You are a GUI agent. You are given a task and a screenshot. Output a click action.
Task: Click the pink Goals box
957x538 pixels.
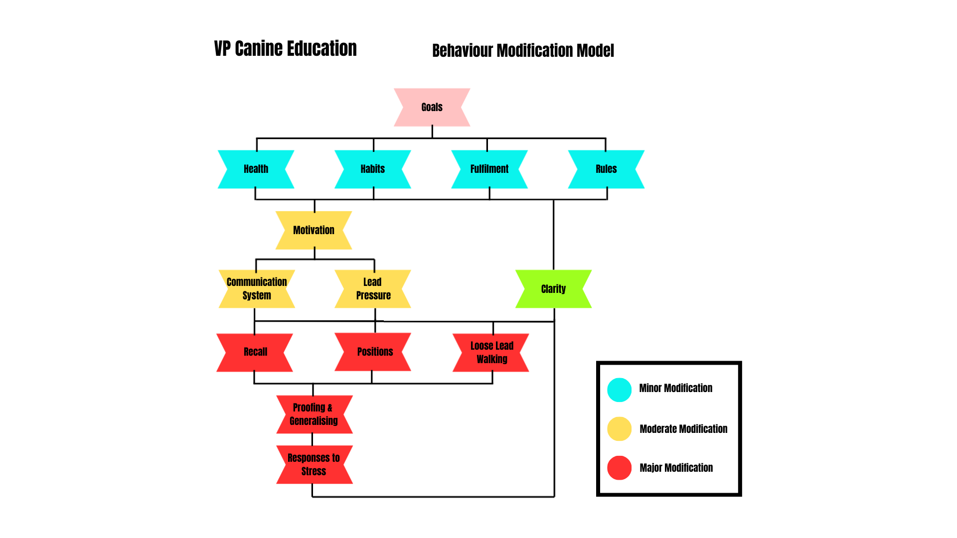[x=432, y=107]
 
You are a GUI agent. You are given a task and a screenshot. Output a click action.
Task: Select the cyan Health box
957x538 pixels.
[x=256, y=169]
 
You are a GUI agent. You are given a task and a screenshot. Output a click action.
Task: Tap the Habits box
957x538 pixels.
[x=372, y=169]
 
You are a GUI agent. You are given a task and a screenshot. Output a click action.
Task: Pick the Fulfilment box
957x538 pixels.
[x=489, y=169]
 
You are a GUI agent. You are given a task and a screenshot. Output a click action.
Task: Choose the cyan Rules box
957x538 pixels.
[x=606, y=169]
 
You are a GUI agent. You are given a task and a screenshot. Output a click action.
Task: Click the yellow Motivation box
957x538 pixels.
[x=314, y=230]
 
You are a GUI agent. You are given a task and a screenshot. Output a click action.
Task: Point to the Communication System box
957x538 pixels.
[x=257, y=289]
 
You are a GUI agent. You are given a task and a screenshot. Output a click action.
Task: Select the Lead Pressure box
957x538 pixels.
[x=373, y=289]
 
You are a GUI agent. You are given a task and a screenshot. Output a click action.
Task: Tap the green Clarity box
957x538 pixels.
[x=553, y=289]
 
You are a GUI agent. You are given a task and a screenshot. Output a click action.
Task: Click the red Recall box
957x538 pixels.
[x=255, y=352]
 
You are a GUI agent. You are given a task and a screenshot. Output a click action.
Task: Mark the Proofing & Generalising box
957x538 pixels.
[x=314, y=414]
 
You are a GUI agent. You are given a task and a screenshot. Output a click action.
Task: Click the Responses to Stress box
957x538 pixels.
[x=314, y=465]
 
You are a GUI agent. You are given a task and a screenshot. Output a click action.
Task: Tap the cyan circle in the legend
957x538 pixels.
[x=619, y=390]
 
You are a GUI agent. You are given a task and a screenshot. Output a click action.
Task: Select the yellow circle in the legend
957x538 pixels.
[x=619, y=428]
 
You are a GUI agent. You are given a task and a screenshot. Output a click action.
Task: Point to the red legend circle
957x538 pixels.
[x=619, y=468]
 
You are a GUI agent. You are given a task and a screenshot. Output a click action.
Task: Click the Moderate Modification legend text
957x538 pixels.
[x=683, y=429]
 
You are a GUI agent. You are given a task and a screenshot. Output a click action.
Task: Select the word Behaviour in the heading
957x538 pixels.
[x=463, y=51]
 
